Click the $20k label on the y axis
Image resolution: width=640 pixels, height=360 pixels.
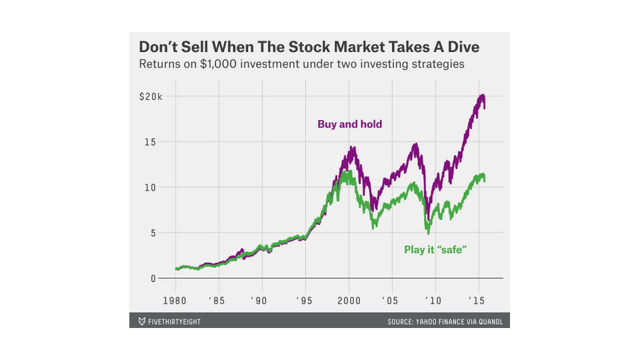151,97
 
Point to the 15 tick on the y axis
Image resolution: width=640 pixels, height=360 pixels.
150,142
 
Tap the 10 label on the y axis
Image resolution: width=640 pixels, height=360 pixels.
150,187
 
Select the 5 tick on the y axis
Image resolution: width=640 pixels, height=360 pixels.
153,233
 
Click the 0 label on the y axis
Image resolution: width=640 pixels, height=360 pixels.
153,279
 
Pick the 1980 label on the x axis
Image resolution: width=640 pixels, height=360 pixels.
175,301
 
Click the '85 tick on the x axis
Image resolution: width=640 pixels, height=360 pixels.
217,301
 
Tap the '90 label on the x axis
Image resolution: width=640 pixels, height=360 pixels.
259,301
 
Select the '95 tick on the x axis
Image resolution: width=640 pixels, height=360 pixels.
304,301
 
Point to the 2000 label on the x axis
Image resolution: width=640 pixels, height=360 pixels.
349,301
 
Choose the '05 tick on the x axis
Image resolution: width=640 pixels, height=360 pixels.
390,301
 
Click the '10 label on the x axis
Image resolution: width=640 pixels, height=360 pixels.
433,301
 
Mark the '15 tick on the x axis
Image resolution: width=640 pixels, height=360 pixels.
476,301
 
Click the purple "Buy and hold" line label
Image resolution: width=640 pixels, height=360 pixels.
350,124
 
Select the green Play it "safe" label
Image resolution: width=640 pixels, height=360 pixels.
435,249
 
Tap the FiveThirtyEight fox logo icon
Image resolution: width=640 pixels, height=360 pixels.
141,321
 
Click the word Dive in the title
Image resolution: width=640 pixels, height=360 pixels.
463,47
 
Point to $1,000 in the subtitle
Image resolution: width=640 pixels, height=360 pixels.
218,64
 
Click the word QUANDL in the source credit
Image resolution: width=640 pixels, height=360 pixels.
491,321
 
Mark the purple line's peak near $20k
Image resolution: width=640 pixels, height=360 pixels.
483,95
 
